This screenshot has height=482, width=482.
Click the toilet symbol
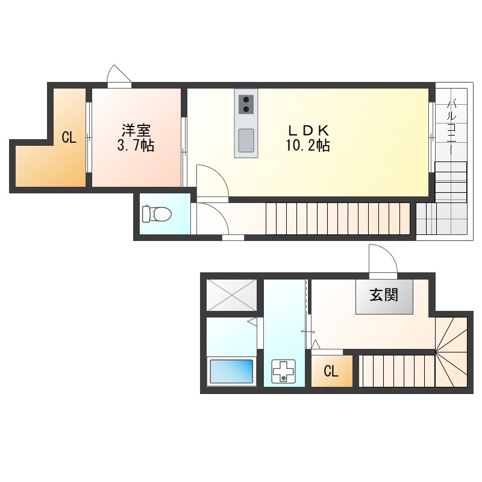click(x=157, y=213)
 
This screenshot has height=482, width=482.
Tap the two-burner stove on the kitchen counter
click(x=246, y=104)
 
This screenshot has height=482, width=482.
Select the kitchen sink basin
click(x=246, y=140)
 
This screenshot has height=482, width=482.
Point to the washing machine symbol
click(x=283, y=371)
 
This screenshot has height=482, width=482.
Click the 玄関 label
click(x=384, y=295)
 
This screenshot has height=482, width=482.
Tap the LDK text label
click(x=308, y=131)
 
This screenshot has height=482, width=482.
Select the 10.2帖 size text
click(x=308, y=145)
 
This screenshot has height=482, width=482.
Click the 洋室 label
click(x=136, y=131)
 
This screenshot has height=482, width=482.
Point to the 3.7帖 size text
click(x=136, y=145)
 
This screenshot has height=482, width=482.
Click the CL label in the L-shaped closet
click(x=69, y=137)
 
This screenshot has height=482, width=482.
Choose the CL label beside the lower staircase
click(x=331, y=371)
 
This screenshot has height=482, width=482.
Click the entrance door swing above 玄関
click(x=383, y=259)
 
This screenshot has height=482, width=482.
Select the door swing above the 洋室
click(x=119, y=74)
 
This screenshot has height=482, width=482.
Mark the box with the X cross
click(x=231, y=295)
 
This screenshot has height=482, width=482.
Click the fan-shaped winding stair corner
click(x=451, y=352)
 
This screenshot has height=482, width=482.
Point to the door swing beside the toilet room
click(x=212, y=218)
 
